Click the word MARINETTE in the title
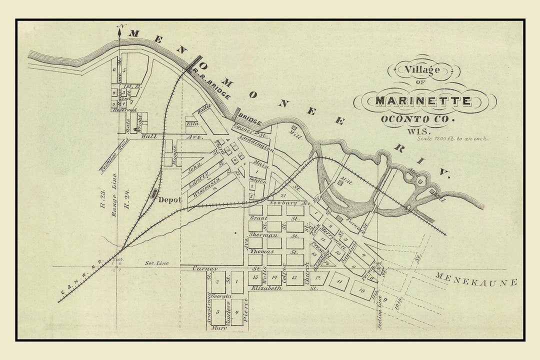[x=423, y=101]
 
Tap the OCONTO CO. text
[x=418, y=119]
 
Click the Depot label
[x=169, y=199]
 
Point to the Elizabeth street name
[x=270, y=288]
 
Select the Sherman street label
[x=263, y=235]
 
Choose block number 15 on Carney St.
[x=255, y=276]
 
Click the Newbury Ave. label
[x=283, y=203]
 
